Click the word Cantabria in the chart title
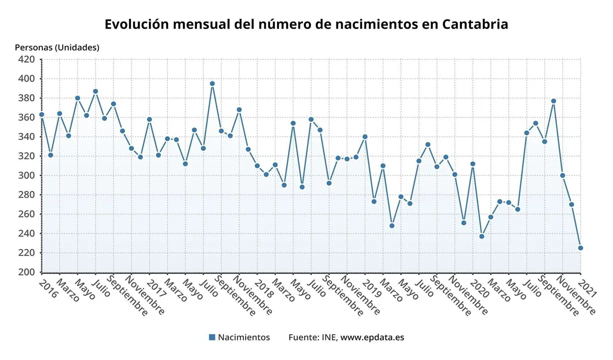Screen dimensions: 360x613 475,24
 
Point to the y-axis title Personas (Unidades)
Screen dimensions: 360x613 57,47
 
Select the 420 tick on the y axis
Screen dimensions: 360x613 27,59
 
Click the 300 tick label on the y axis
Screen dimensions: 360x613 27,175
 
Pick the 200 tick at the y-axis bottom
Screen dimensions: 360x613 27,272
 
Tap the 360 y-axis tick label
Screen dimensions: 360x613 27,117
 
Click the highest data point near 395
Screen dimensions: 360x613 212,84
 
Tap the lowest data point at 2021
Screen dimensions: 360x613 580,248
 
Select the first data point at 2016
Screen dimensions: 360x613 41,114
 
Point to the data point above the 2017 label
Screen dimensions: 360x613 149,119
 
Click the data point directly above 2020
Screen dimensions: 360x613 472,164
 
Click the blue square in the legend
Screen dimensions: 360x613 212,337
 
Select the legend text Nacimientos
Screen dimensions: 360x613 244,337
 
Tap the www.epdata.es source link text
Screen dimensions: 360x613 372,337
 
